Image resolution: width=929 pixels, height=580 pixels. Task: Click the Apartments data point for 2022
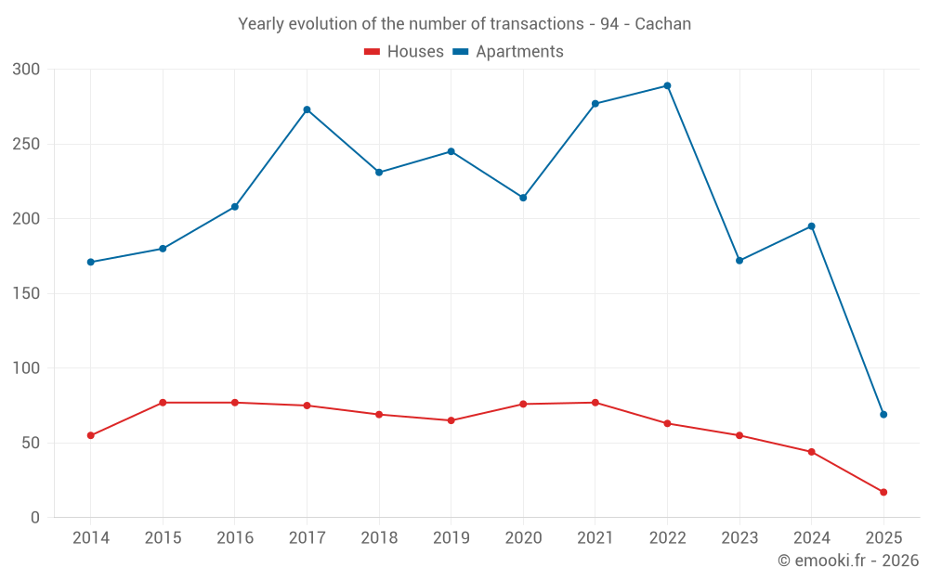(x=667, y=86)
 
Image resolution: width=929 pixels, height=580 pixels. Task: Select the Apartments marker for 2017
(x=307, y=110)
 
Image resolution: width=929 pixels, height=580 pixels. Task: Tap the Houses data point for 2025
(x=883, y=492)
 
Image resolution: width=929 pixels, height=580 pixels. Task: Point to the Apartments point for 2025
(x=883, y=414)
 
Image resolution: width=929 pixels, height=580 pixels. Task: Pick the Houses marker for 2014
(x=90, y=435)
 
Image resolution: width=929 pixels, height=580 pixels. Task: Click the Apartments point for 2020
(x=523, y=198)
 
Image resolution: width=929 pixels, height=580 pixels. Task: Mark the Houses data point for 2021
(x=595, y=403)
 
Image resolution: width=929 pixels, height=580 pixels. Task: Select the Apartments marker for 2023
(x=739, y=261)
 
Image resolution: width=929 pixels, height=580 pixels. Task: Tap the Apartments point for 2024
(x=812, y=226)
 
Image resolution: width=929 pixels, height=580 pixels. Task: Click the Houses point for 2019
(x=451, y=420)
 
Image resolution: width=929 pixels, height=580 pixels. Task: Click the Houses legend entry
(x=404, y=52)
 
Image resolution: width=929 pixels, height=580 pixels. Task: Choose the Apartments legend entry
(x=508, y=52)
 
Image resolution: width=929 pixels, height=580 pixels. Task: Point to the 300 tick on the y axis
(x=27, y=70)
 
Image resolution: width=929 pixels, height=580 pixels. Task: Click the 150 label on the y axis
(x=27, y=293)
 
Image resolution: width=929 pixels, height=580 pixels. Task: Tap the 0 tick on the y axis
(x=35, y=518)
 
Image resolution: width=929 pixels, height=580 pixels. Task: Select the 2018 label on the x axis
(x=379, y=538)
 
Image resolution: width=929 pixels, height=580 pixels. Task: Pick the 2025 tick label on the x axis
(x=883, y=538)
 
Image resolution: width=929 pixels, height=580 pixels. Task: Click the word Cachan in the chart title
(x=663, y=24)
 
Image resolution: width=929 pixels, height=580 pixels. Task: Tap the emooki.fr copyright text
(x=848, y=561)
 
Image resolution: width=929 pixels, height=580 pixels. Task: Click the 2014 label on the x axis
(x=90, y=538)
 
